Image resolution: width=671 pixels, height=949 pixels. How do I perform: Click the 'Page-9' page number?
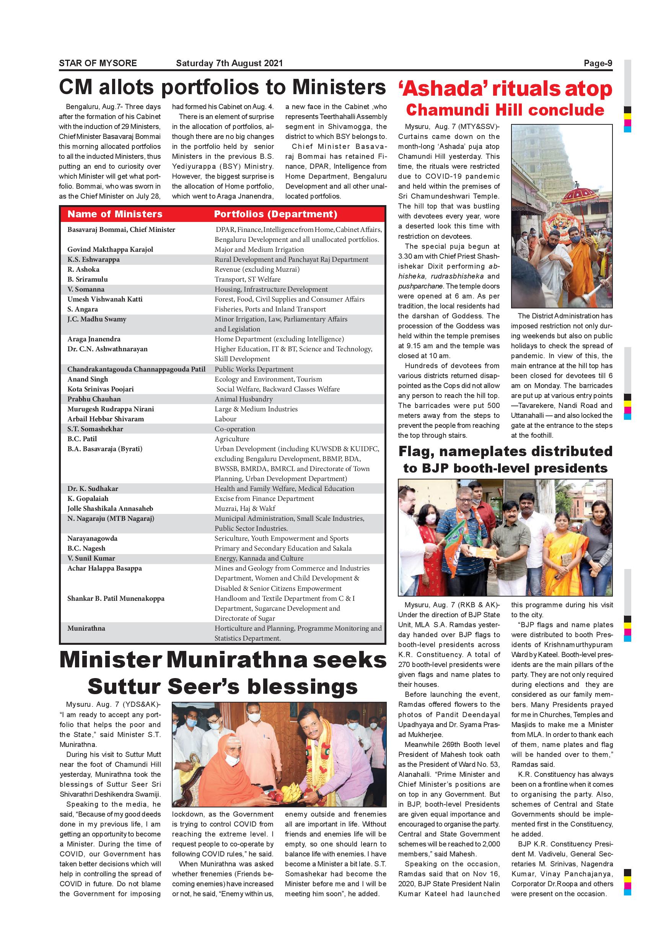pyautogui.click(x=598, y=63)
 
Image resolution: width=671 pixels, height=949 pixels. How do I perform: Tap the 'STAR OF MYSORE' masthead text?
pyautogui.click(x=98, y=63)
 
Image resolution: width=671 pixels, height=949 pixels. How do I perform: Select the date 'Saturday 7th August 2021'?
pyautogui.click(x=229, y=63)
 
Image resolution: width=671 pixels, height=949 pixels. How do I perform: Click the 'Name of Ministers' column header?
pyautogui.click(x=115, y=214)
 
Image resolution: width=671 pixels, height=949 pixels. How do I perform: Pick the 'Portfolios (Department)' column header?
pyautogui.click(x=275, y=214)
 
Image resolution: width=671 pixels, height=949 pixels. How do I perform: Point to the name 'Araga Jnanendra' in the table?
pyautogui.click(x=94, y=339)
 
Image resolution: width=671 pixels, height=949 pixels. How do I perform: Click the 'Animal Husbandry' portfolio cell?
pyautogui.click(x=243, y=399)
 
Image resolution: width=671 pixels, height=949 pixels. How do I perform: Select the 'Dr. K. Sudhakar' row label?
pyautogui.click(x=93, y=489)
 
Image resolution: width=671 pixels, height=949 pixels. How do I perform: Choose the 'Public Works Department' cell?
pyautogui.click(x=254, y=369)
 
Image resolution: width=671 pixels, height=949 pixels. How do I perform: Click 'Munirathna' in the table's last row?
pyautogui.click(x=86, y=628)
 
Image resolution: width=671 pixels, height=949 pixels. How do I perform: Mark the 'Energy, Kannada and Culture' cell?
pyautogui.click(x=259, y=558)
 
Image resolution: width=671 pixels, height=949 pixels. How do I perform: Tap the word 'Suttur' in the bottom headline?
pyautogui.click(x=124, y=686)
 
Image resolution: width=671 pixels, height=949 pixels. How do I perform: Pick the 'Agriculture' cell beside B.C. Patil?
pyautogui.click(x=232, y=439)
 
